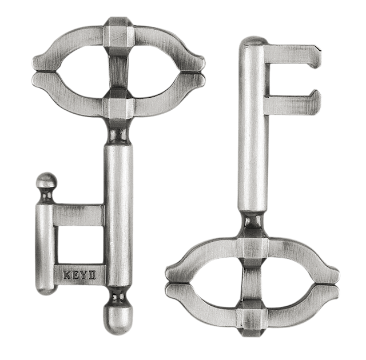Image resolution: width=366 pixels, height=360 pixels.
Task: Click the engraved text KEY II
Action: tap(79, 275)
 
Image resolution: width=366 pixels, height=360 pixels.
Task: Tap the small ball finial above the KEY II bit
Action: tap(47, 180)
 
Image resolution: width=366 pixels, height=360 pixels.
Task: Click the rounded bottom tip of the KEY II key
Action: tap(118, 321)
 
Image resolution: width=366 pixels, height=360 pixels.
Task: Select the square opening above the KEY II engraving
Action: tap(79, 245)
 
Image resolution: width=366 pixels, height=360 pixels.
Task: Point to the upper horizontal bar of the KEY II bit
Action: tap(78, 215)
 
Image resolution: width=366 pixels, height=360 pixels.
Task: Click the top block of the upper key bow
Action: tap(118, 33)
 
